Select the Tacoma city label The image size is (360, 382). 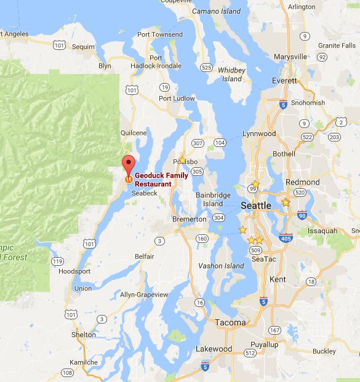230,322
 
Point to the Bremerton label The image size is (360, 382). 189,219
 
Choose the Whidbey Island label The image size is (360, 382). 232,74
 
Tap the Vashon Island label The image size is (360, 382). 221,266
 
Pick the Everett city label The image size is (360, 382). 285,81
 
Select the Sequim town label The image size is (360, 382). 83,46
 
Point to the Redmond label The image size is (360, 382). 303,183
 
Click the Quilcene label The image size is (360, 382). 134,132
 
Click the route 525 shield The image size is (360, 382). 206,67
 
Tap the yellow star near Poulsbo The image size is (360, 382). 182,160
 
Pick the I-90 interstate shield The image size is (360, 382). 302,215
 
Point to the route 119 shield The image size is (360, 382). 57,261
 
